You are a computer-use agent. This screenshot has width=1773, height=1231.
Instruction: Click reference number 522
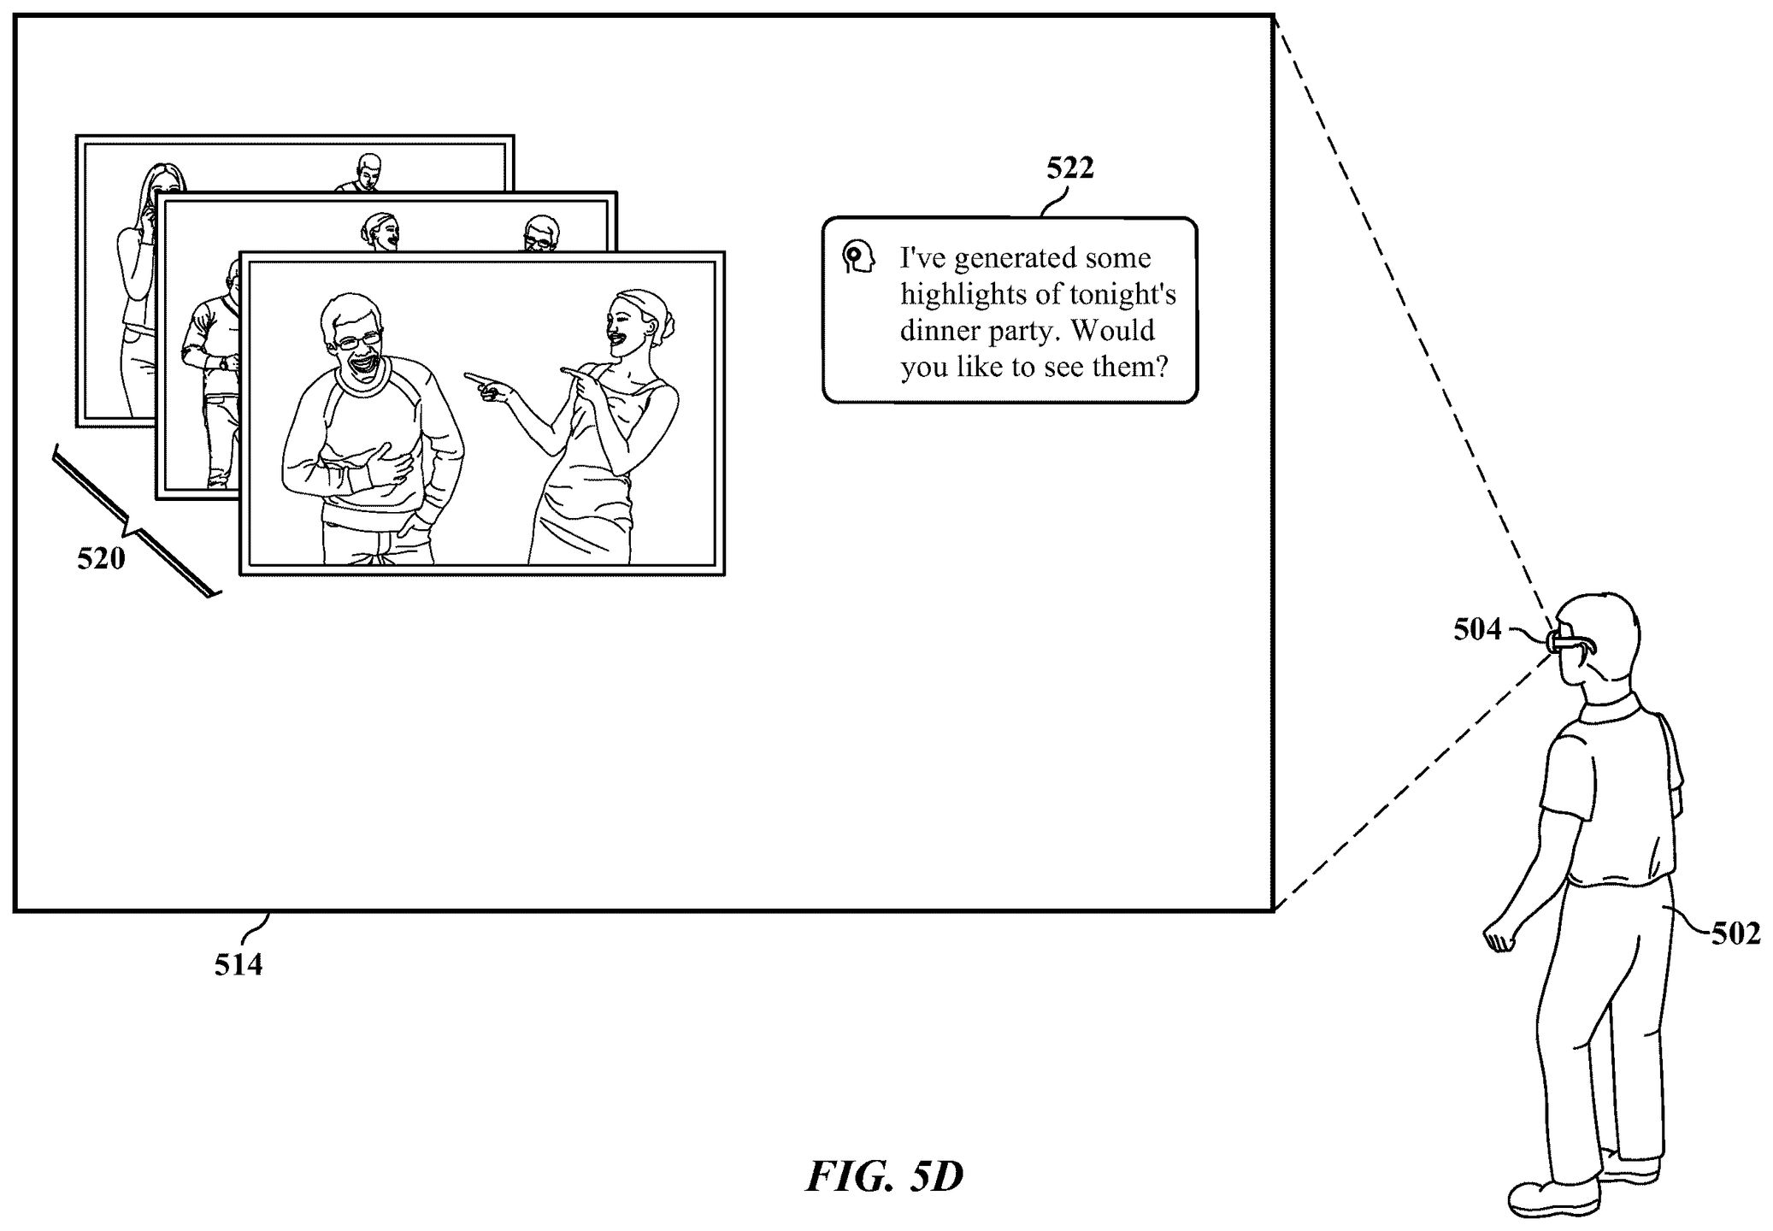pyautogui.click(x=1070, y=168)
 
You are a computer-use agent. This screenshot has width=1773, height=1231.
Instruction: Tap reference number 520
pyautogui.click(x=101, y=559)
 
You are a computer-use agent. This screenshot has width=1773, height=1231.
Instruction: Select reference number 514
pyautogui.click(x=238, y=965)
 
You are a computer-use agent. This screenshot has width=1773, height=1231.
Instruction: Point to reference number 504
pyautogui.click(x=1477, y=630)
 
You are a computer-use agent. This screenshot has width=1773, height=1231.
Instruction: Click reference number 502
pyautogui.click(x=1735, y=934)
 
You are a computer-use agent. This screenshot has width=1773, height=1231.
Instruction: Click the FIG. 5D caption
pyautogui.click(x=885, y=1177)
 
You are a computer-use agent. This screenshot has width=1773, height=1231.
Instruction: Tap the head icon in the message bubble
pyautogui.click(x=857, y=256)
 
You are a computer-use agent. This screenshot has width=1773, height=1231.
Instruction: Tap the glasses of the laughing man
pyautogui.click(x=358, y=341)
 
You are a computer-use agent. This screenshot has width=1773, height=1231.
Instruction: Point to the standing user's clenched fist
pyautogui.click(x=1498, y=938)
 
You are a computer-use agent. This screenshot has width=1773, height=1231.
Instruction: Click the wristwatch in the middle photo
pyautogui.click(x=225, y=363)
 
